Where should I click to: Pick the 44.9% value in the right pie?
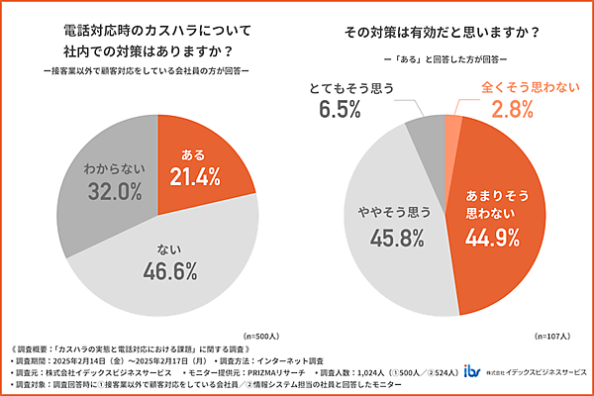coord(491,237)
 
